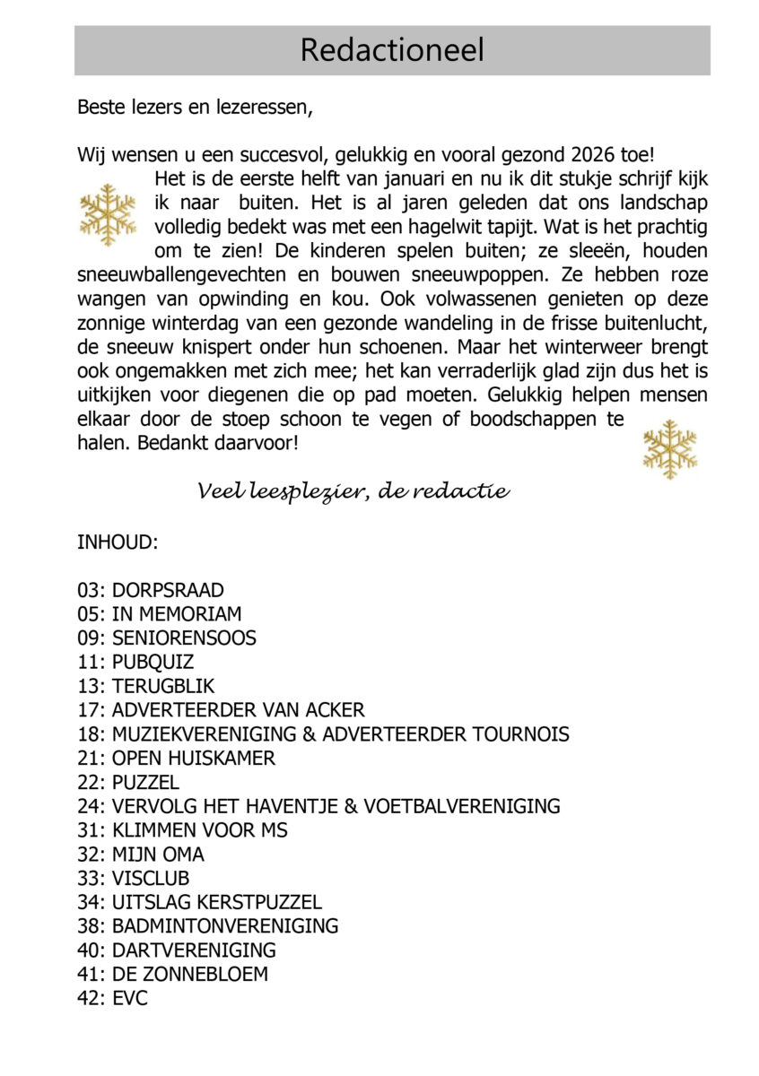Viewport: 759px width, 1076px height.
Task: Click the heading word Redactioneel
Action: point(392,50)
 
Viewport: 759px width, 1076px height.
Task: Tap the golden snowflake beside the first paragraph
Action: point(108,215)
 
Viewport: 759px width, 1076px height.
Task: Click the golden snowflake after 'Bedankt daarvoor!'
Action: point(669,449)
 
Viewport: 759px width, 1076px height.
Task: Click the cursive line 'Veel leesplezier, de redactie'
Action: point(353,491)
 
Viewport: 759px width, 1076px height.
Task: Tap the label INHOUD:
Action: point(118,542)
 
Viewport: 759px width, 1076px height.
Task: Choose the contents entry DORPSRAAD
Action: point(168,590)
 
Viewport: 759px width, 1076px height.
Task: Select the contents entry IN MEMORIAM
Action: point(177,614)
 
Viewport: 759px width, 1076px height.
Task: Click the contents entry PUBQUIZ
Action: point(153,663)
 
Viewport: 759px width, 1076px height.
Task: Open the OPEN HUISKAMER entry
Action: point(193,758)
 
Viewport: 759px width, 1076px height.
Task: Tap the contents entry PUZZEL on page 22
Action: point(145,782)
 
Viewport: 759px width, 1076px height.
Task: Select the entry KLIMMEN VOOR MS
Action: point(199,830)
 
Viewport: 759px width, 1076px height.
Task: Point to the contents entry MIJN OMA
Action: point(158,855)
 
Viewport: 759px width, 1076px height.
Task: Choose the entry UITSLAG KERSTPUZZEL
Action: point(216,902)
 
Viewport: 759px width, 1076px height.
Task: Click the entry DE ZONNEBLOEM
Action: point(189,974)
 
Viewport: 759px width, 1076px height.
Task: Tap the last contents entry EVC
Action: point(129,998)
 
